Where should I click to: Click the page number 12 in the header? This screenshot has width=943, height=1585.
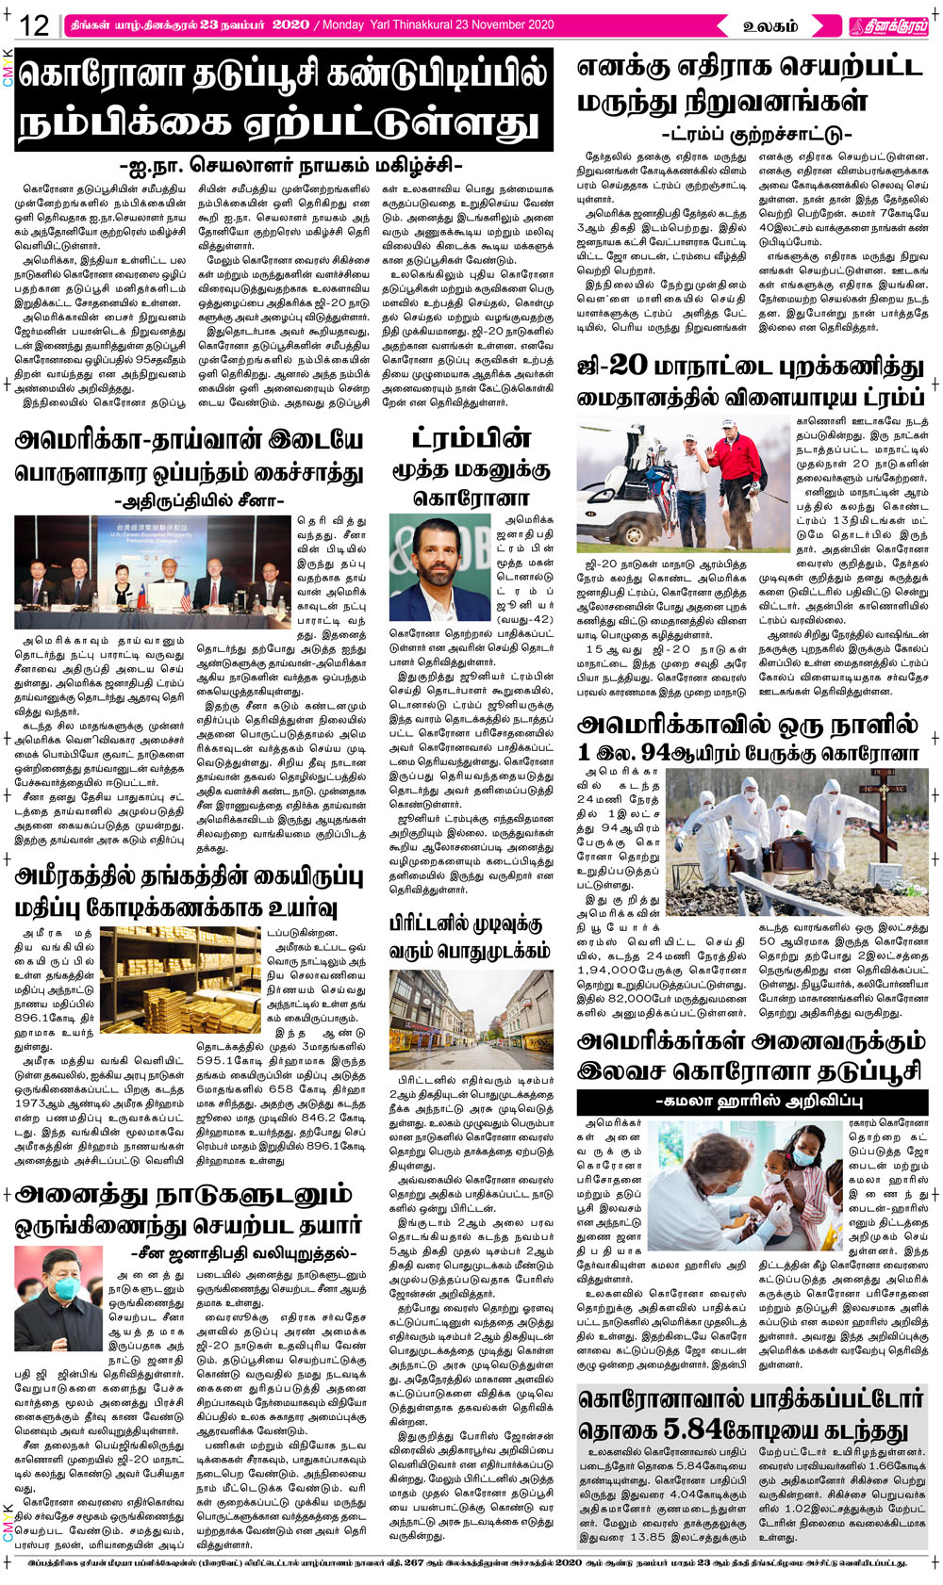[34, 25]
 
